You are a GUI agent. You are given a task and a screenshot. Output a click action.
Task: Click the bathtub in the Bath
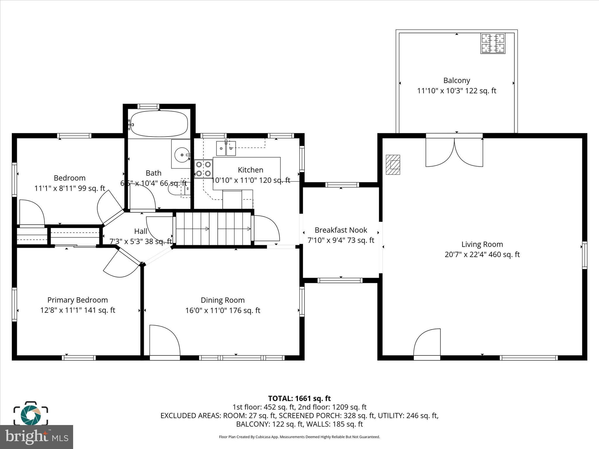pos(159,124)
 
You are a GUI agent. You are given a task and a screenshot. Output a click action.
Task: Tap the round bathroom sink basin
pos(182,154)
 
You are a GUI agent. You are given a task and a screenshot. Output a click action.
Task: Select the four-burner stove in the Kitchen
pos(203,169)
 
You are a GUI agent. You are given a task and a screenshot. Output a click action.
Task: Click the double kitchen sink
pos(226,148)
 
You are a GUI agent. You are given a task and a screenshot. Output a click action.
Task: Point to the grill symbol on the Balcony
pos(493,44)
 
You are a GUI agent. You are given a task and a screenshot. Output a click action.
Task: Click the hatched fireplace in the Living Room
pos(393,165)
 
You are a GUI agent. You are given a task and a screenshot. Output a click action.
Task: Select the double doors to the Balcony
pos(454,152)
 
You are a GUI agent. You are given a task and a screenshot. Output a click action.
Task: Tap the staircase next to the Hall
pos(214,229)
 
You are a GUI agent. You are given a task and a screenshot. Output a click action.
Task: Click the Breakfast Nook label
pos(341,230)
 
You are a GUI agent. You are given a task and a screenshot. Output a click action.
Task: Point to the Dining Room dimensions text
pos(223,310)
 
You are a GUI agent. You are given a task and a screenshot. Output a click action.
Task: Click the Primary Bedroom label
pos(78,300)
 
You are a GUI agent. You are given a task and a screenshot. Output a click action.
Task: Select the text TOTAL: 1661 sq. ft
pos(299,398)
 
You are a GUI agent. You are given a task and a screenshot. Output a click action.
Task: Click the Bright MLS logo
pos(36,437)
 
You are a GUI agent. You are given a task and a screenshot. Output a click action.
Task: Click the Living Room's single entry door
pos(427,343)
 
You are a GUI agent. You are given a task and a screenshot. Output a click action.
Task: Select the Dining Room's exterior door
pos(164,342)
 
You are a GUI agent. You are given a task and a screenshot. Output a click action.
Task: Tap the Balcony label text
pos(457,80)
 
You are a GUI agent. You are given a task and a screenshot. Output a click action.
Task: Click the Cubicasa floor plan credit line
pos(299,437)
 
